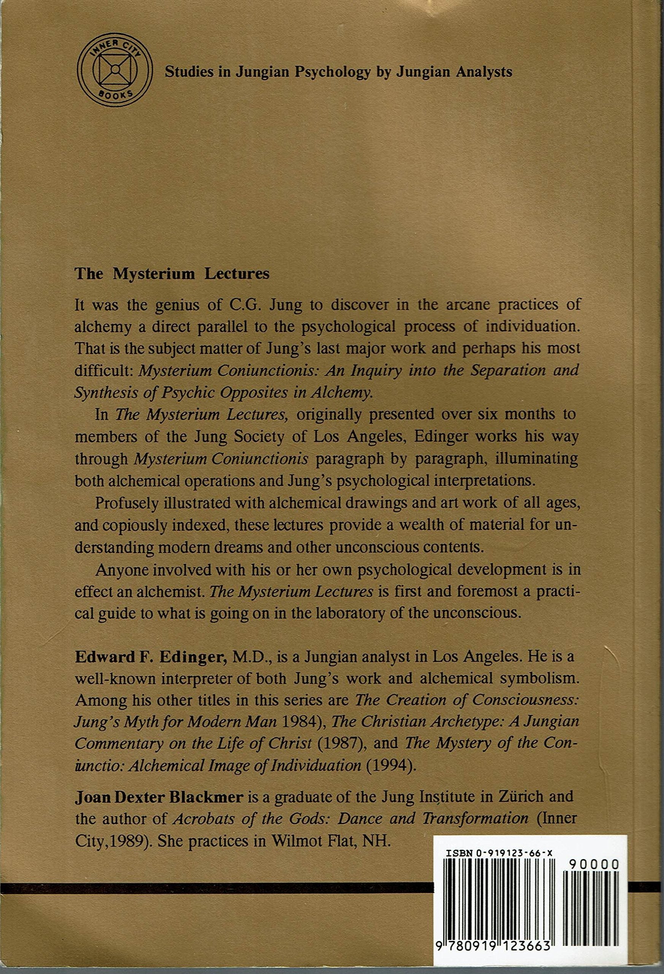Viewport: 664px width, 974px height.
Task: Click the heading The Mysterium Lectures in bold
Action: [172, 274]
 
